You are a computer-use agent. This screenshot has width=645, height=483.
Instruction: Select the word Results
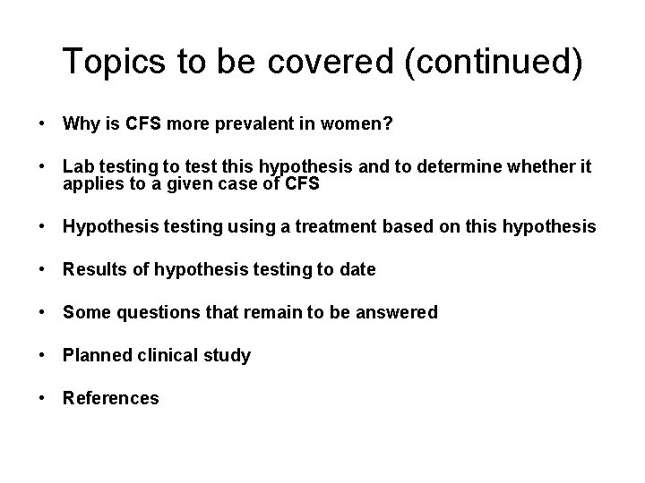[x=93, y=269]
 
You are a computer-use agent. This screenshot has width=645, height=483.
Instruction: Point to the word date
[x=357, y=269]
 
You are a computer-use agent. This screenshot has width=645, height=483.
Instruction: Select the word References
[x=110, y=398]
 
